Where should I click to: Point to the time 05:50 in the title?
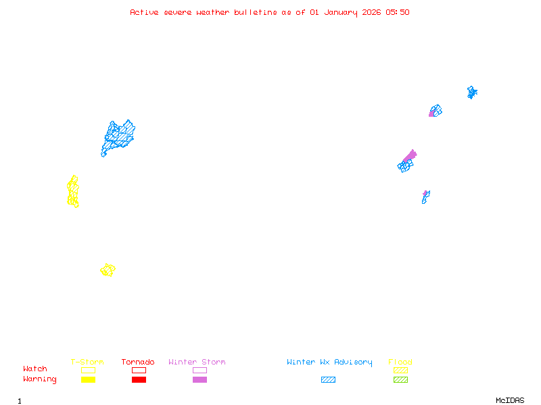point(398,12)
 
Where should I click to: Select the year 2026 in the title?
point(372,12)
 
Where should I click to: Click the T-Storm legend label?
point(87,362)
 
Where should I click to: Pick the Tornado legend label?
point(138,362)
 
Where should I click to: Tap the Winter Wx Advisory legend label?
point(329,362)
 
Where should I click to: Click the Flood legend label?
point(400,362)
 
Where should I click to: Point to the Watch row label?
point(35,369)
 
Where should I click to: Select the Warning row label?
point(40,379)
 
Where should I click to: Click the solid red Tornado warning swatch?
point(139,380)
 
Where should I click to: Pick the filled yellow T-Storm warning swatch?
point(88,380)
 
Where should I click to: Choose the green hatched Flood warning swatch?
point(400,380)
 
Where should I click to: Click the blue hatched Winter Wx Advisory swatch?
point(328,380)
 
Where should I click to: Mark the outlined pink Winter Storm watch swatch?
point(199,370)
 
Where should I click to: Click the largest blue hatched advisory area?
point(118,136)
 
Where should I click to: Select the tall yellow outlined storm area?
point(73,192)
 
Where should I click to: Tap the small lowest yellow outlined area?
point(108,270)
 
